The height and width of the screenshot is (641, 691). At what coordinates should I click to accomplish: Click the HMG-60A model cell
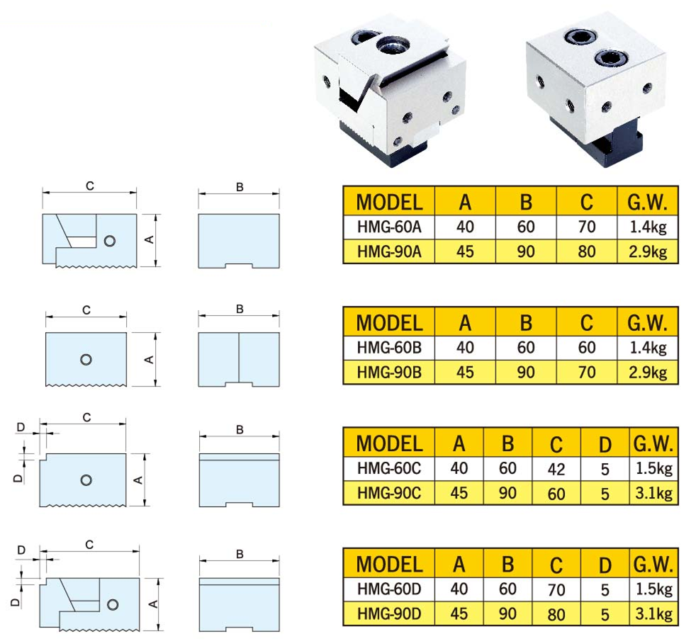click(389, 227)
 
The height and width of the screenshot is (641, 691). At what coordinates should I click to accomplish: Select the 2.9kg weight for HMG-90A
click(647, 251)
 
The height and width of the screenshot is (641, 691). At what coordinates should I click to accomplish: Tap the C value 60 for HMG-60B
click(587, 348)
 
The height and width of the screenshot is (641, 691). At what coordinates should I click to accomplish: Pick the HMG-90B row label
click(389, 373)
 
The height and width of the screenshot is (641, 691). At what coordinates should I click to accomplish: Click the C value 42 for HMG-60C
click(556, 469)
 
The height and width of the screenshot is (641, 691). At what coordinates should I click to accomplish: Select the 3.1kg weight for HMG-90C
click(653, 493)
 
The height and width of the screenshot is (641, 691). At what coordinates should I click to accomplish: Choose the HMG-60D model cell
click(389, 589)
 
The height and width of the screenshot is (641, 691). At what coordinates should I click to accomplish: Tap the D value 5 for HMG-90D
click(605, 614)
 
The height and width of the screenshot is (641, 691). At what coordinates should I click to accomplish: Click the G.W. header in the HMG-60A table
click(647, 202)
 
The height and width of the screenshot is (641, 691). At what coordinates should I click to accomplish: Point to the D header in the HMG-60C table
click(605, 444)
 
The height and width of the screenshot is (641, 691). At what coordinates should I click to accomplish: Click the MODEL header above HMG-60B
click(389, 323)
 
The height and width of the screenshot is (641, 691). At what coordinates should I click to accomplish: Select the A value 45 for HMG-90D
click(459, 613)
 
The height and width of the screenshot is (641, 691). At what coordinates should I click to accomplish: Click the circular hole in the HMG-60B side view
click(86, 360)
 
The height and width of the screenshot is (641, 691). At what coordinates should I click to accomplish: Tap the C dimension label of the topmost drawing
click(90, 186)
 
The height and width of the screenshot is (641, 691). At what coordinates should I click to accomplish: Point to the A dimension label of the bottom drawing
click(153, 604)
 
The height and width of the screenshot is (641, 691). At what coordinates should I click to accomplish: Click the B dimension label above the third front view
click(240, 429)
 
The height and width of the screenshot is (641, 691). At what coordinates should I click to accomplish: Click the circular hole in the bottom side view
click(113, 604)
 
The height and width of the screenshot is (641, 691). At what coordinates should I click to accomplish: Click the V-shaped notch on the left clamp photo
click(357, 95)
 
